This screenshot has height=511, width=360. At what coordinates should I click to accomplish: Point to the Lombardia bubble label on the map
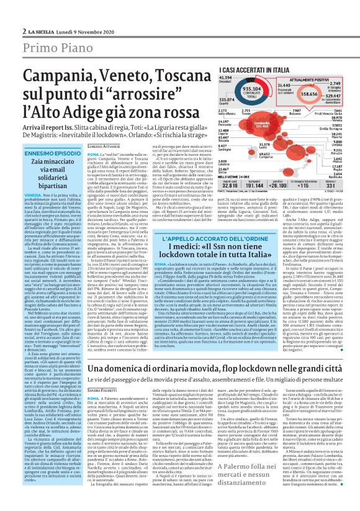pyautogui.click(x=252, y=122)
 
